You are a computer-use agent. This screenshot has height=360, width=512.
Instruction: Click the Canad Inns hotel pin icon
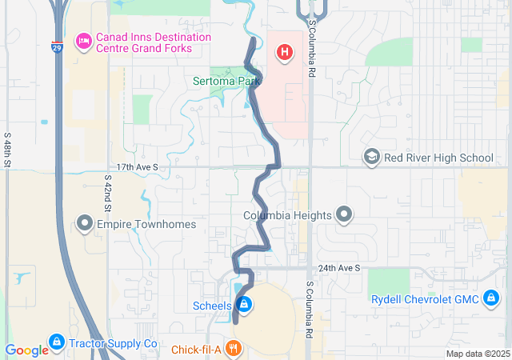82,42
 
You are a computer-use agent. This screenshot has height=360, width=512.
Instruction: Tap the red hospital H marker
283,54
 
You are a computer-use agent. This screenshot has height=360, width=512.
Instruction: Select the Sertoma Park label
227,81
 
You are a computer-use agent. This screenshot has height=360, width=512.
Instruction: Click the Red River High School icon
371,157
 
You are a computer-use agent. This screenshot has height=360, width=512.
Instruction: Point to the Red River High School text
438,158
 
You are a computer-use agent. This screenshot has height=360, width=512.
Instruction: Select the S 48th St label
7,150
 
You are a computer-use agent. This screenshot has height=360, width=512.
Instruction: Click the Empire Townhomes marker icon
85,223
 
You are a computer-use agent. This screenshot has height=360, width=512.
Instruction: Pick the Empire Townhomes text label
146,224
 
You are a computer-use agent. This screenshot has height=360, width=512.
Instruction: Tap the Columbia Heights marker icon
344,214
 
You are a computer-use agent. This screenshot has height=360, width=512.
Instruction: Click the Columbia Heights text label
287,215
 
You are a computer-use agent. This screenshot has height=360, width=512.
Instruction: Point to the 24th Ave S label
338,268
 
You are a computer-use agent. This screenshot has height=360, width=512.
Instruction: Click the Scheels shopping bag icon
244,306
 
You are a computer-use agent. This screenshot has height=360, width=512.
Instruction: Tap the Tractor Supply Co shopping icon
56,342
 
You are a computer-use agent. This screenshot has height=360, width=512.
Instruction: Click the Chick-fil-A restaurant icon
234,349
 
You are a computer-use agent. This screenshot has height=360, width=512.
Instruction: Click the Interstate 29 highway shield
56,47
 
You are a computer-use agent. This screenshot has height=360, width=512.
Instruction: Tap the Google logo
26,350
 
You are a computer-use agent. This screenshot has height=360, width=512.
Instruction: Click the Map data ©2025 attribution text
477,354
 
